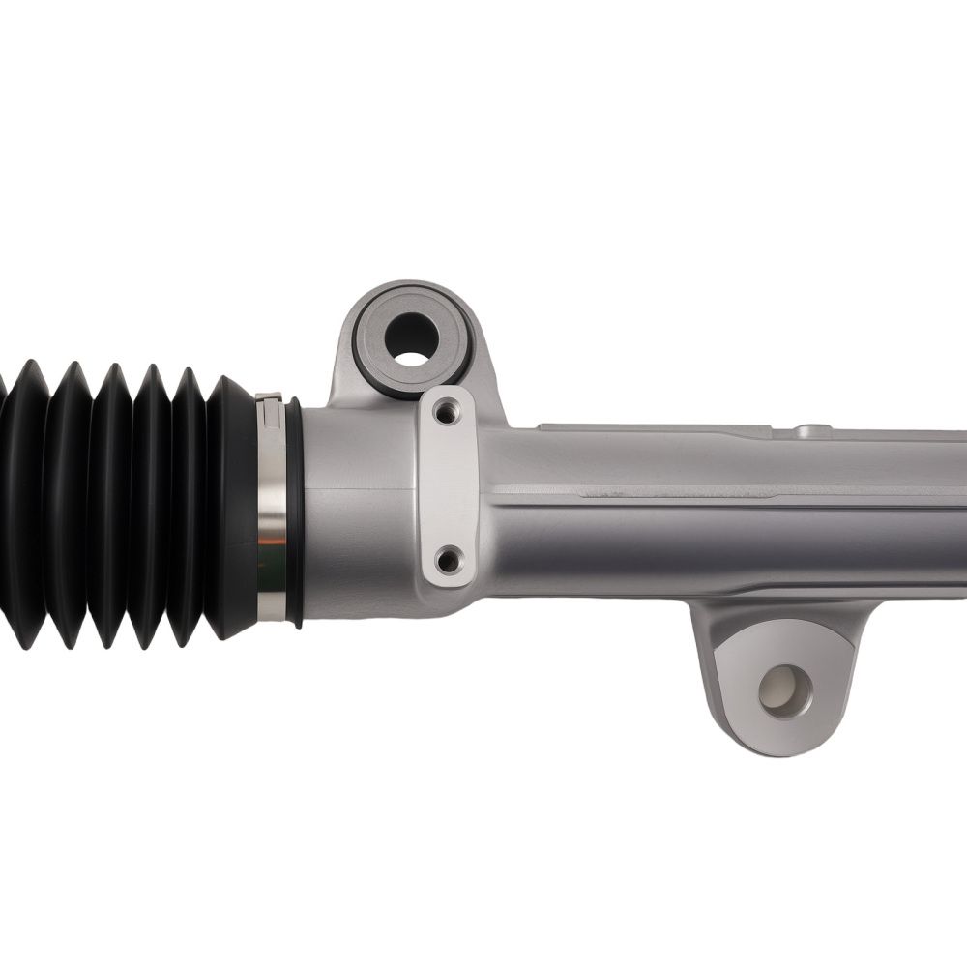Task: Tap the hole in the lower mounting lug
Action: coord(784,690)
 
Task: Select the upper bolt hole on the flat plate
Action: coord(446,413)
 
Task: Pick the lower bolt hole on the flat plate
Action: coord(447,559)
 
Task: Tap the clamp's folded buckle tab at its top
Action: coord(269,397)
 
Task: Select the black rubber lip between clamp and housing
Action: coord(293,513)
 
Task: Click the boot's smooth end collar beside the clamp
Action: coord(232,503)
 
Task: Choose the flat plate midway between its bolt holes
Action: coord(448,486)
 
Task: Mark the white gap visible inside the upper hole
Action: coord(412,359)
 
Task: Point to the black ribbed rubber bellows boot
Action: coord(106,503)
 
